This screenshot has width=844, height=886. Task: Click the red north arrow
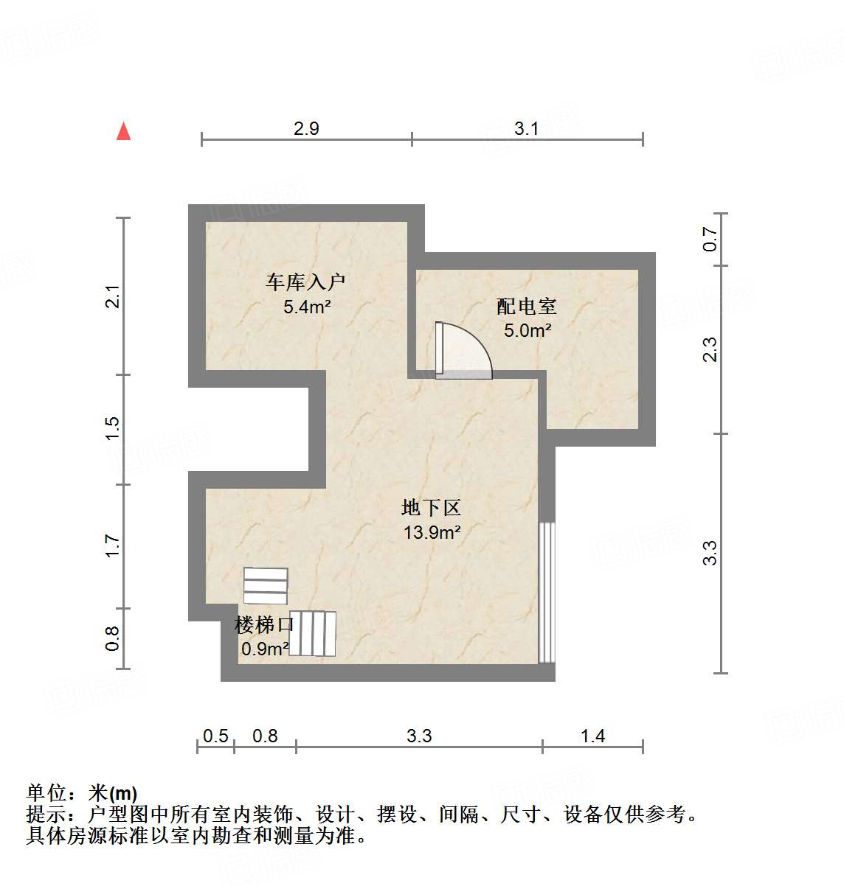(124, 131)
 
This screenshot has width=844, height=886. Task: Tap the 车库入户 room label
(305, 282)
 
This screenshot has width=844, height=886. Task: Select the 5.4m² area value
(306, 307)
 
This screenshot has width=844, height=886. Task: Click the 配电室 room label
(526, 306)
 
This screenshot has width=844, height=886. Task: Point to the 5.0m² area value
(527, 330)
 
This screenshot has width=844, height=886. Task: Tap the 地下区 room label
(432, 507)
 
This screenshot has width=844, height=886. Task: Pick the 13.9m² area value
(432, 531)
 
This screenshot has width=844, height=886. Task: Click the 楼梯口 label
(264, 625)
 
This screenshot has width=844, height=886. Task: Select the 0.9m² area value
(265, 649)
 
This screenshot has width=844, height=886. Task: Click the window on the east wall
(547, 593)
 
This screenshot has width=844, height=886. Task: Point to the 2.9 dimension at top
(306, 129)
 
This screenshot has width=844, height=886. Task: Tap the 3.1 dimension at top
(527, 129)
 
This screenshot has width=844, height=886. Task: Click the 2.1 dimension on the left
(112, 296)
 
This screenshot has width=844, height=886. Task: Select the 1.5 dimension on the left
(112, 429)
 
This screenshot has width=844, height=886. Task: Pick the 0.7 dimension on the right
(710, 238)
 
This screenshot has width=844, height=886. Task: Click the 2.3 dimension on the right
(710, 349)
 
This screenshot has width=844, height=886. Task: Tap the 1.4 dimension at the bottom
(592, 736)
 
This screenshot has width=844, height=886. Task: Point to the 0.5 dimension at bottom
(215, 736)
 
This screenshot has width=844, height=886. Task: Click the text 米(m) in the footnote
(112, 793)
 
